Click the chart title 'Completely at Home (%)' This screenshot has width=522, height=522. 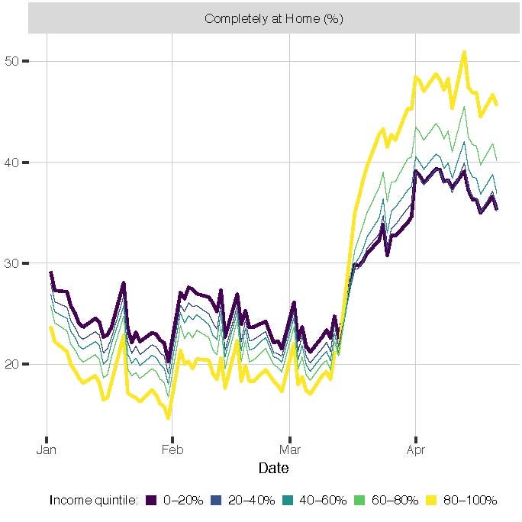(x=274, y=19)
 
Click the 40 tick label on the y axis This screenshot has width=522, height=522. (x=12, y=163)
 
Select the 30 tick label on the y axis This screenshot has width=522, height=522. (x=12, y=263)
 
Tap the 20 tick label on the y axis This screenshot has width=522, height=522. (x=12, y=364)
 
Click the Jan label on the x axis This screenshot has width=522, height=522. (x=47, y=449)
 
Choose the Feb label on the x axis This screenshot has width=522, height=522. (x=172, y=449)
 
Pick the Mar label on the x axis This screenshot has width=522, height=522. (x=290, y=449)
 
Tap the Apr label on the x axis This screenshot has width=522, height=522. (x=415, y=449)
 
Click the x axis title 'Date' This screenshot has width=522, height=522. (x=273, y=468)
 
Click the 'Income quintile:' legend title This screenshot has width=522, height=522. (x=93, y=501)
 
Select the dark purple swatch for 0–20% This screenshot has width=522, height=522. (x=151, y=501)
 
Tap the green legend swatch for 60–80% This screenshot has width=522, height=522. (x=363, y=501)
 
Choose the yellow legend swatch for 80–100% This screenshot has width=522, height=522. (x=432, y=501)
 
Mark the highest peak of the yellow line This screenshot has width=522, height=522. (x=464, y=52)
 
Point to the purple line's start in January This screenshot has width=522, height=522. (x=50, y=272)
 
